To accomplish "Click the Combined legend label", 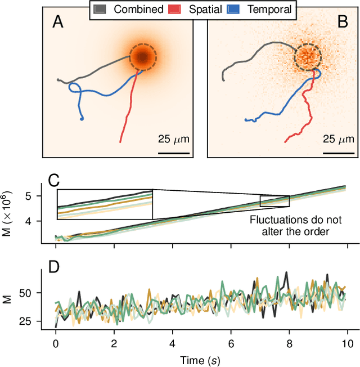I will (x=138, y=9).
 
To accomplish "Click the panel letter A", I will (x=58, y=22).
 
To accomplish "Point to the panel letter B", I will (x=341, y=22).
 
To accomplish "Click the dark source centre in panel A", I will (x=143, y=57).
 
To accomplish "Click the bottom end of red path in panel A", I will (x=120, y=141).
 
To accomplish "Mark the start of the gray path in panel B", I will (x=223, y=80).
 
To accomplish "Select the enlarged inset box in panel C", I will (x=105, y=204).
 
